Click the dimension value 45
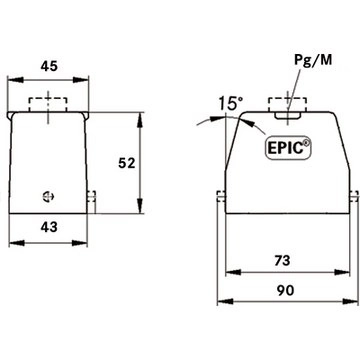point(49,66)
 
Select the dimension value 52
point(127,163)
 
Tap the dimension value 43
point(49,227)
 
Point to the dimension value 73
point(282,260)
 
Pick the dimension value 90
point(285,290)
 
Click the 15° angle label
point(231,103)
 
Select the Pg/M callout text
point(313,61)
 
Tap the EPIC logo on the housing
point(288,148)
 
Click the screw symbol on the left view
point(49,196)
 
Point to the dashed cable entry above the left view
point(48,104)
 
